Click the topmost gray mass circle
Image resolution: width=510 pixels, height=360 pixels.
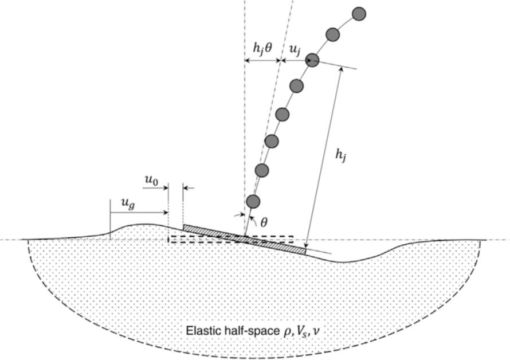pyautogui.click(x=359, y=14)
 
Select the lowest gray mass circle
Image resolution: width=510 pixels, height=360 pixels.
pyautogui.click(x=253, y=201)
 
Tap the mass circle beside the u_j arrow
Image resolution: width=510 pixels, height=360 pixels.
pyautogui.click(x=312, y=60)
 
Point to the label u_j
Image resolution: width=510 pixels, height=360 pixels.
pyautogui.click(x=295, y=50)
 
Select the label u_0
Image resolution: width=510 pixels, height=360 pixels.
pyautogui.click(x=151, y=180)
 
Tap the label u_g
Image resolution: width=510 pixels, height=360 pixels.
pyautogui.click(x=128, y=204)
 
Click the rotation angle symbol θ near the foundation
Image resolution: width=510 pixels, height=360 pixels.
pyautogui.click(x=264, y=222)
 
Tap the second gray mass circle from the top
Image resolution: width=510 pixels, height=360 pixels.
pyautogui.click(x=333, y=34)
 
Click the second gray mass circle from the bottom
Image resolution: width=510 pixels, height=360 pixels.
pyautogui.click(x=262, y=170)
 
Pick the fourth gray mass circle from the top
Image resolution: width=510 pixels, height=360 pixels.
pyautogui.click(x=296, y=86)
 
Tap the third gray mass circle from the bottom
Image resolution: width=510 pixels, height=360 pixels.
pyautogui.click(x=271, y=141)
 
